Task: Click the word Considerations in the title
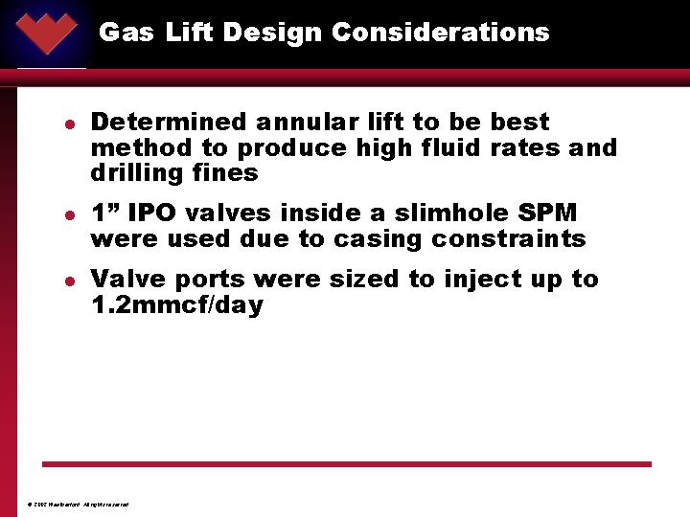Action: click(441, 33)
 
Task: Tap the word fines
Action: click(226, 173)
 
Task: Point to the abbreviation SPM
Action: click(548, 213)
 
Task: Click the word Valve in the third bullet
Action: click(125, 280)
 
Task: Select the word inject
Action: click(484, 280)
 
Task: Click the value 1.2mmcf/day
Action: click(176, 305)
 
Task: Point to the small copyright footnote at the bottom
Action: click(79, 505)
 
